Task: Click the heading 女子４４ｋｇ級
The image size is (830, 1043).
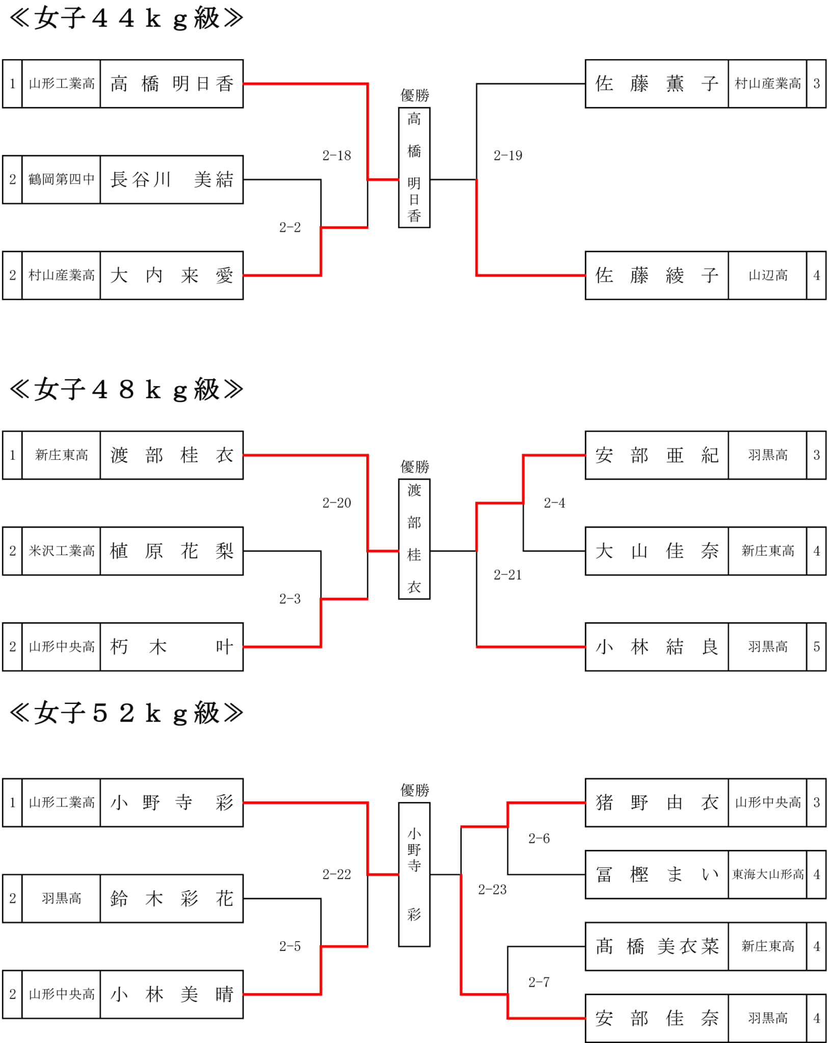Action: click(126, 19)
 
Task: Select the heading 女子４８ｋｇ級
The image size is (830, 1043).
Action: click(126, 390)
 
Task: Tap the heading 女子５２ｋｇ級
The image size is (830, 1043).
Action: click(126, 713)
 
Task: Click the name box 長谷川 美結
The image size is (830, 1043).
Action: click(172, 180)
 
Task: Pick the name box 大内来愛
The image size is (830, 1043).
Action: click(172, 276)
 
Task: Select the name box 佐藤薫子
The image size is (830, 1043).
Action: click(657, 84)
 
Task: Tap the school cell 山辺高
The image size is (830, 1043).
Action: click(768, 276)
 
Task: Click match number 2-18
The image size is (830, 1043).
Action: click(337, 156)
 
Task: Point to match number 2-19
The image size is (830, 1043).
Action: click(508, 156)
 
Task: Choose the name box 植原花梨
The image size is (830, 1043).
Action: click(172, 551)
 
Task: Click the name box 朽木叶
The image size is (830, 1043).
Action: click(172, 647)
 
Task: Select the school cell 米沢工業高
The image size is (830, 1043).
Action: click(61, 551)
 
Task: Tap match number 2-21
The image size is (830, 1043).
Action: click(508, 575)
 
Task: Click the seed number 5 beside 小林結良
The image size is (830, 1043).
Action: click(816, 647)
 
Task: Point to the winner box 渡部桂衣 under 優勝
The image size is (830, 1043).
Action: click(414, 539)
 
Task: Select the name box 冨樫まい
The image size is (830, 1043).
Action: click(657, 874)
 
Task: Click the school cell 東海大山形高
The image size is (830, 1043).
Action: click(768, 874)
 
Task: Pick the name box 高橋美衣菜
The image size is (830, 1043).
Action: click(657, 946)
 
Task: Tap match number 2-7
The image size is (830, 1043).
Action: click(539, 982)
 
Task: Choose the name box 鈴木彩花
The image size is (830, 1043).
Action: click(172, 898)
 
